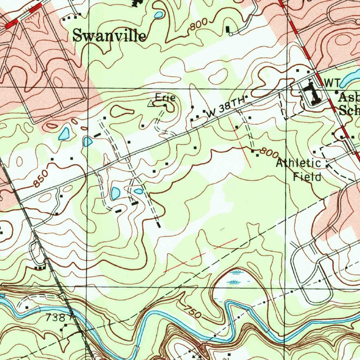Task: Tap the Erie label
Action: (165, 98)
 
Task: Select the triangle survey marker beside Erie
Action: (151, 103)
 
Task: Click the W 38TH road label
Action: (225, 107)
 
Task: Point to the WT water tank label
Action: (332, 83)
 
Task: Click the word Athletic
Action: (298, 163)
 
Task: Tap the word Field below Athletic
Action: (308, 177)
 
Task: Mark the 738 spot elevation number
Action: (55, 318)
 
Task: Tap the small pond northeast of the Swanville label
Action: (159, 15)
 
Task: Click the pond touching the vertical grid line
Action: (88, 141)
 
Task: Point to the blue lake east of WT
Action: (350, 77)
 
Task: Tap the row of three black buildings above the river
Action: (41, 268)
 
